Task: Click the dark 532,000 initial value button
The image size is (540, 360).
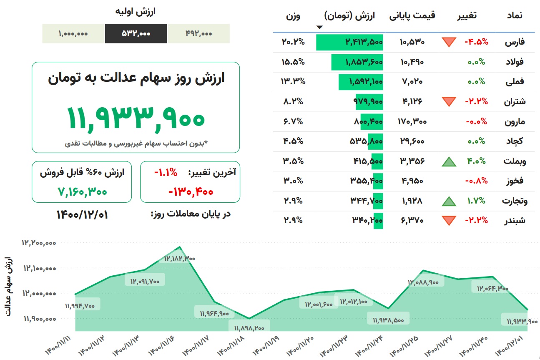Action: point(136,33)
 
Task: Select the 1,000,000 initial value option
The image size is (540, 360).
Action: point(73,33)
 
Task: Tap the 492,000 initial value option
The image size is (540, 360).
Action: point(199,33)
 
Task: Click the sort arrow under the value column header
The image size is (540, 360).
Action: point(320,27)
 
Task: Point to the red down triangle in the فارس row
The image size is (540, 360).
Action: point(449,42)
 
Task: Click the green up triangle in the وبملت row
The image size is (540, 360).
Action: point(449,161)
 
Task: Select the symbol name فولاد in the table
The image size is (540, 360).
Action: point(515,62)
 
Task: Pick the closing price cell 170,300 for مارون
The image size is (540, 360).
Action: point(412,121)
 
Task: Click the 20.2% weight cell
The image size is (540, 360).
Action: point(293,42)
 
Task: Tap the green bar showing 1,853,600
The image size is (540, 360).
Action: point(357,62)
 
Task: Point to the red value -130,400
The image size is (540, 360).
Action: point(191,192)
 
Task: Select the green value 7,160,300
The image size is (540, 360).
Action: point(82,192)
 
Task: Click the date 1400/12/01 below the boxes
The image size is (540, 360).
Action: point(82,214)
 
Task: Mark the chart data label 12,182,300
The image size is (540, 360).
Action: point(180,259)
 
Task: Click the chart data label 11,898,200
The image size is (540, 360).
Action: point(249,328)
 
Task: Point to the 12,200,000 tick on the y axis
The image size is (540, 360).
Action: point(39,243)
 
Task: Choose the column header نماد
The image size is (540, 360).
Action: point(515,15)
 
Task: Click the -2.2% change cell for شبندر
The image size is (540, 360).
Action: point(476,220)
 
